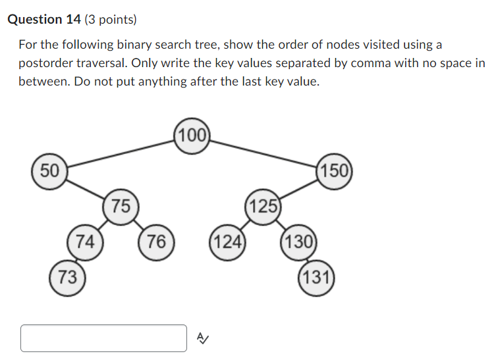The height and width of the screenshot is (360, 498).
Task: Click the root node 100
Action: (192, 136)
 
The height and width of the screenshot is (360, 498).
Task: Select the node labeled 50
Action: (49, 170)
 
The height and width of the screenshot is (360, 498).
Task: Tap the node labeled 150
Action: (335, 170)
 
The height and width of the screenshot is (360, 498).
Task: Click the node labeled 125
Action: (263, 207)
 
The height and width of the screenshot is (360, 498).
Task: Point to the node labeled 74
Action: (84, 242)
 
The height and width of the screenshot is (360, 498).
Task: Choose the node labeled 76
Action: (156, 242)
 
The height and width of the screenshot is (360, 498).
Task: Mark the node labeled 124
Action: (227, 242)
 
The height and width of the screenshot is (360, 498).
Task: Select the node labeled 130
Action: (299, 242)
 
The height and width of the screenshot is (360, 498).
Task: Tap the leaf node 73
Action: (67, 277)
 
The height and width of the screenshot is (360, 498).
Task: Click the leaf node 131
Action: (317, 277)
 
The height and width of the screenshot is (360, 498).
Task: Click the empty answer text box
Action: (104, 338)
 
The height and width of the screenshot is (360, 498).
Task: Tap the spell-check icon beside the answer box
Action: (202, 338)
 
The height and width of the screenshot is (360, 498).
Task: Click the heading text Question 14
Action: (44, 19)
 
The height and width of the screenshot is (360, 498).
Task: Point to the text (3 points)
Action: (111, 19)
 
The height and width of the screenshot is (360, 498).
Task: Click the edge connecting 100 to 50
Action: (121, 153)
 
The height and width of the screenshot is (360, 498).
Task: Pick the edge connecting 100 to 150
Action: (262, 153)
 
